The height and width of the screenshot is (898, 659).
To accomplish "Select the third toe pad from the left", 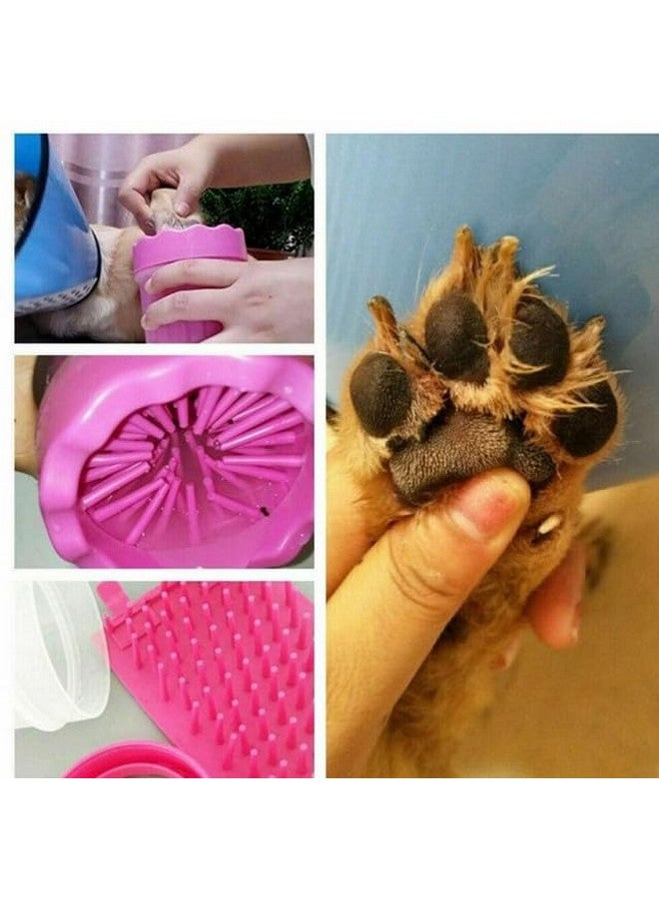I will [x=539, y=343].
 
